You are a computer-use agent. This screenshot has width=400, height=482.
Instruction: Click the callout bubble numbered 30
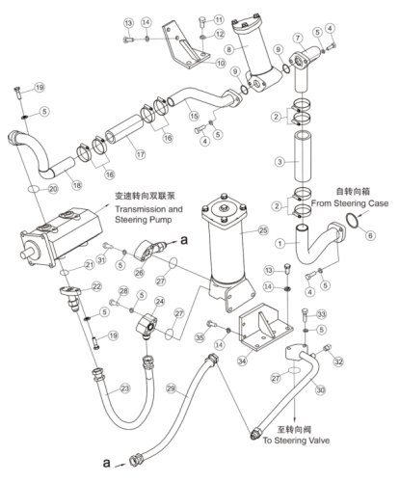point(320,390)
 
